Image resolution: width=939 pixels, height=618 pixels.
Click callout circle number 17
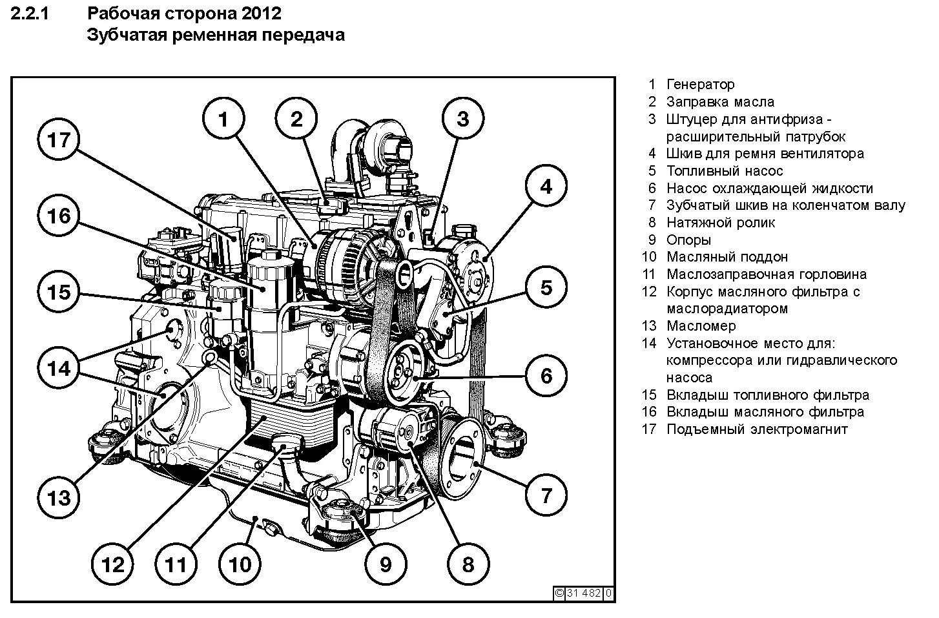click(59, 140)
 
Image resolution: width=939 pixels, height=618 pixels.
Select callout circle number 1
click(223, 119)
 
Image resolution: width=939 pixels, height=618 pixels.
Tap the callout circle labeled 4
click(546, 187)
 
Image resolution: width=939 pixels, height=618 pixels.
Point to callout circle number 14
click(59, 369)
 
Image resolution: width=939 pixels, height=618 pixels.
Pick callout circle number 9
click(385, 564)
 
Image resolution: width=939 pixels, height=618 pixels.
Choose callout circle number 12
click(113, 565)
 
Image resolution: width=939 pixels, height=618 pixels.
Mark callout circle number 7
click(546, 495)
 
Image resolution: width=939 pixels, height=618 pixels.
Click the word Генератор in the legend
click(700, 85)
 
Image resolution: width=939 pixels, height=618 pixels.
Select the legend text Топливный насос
click(724, 171)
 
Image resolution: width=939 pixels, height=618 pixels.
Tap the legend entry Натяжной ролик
click(720, 223)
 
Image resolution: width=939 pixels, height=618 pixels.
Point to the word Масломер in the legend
click(701, 326)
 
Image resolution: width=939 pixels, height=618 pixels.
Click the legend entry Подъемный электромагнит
click(756, 429)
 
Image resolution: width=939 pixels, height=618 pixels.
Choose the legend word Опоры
click(688, 240)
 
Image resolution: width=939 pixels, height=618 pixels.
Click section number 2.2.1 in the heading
click(31, 13)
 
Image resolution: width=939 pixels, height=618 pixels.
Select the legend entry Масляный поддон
click(727, 257)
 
